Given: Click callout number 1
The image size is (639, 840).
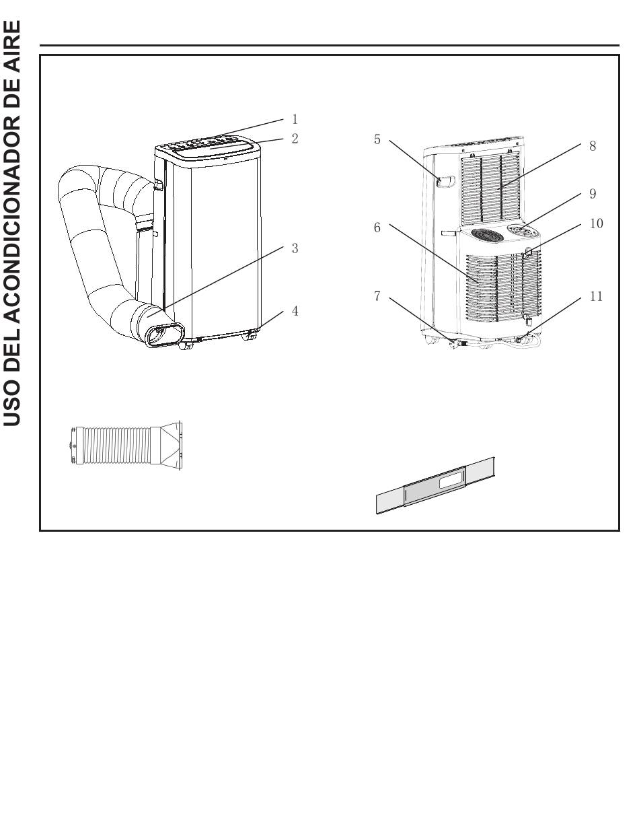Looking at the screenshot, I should pyautogui.click(x=295, y=120).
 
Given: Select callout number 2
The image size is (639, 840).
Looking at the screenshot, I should pyautogui.click(x=295, y=139).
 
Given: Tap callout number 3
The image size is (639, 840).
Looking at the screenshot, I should pyautogui.click(x=295, y=248).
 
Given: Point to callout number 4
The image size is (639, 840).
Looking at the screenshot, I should pyautogui.click(x=295, y=312).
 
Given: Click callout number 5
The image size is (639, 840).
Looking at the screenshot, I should pyautogui.click(x=377, y=140).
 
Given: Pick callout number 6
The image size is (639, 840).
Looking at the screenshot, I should pyautogui.click(x=377, y=228).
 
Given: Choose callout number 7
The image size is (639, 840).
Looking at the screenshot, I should pyautogui.click(x=377, y=296).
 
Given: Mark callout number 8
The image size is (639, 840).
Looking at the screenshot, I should pyautogui.click(x=593, y=146).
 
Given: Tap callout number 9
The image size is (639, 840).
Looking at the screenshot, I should pyautogui.click(x=593, y=194).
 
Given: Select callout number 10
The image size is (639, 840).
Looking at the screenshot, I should pyautogui.click(x=596, y=223).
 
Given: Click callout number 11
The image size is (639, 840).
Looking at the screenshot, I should pyautogui.click(x=596, y=296).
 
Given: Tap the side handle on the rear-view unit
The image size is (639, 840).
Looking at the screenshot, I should pyautogui.click(x=446, y=181).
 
